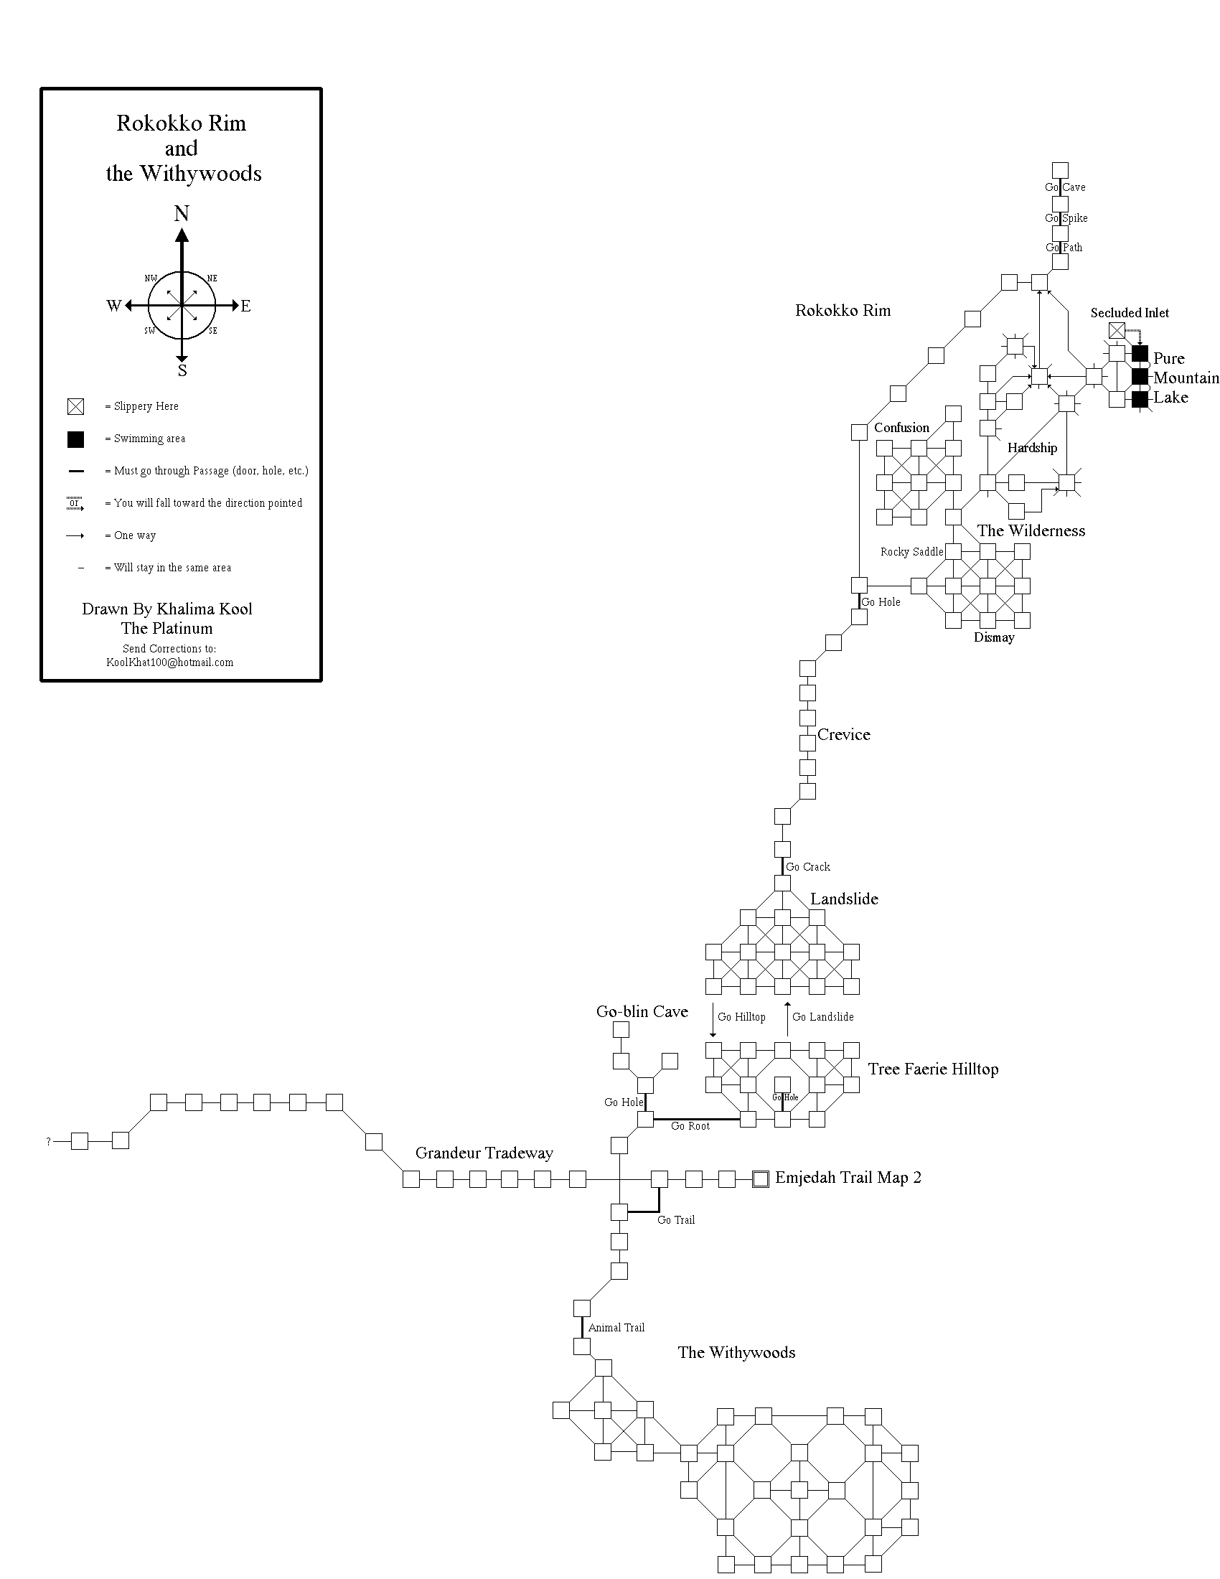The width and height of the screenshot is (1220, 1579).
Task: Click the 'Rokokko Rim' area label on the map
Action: point(843,311)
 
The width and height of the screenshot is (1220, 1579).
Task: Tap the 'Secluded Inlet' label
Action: point(1129,313)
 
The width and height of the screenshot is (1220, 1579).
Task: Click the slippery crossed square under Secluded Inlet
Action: point(1117,331)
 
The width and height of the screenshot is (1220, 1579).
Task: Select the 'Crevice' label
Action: point(843,734)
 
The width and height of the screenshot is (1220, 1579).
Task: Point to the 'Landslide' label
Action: point(843,899)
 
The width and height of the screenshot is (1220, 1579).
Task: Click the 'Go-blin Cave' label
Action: point(642,1011)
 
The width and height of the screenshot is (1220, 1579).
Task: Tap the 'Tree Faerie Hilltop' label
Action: point(932,1069)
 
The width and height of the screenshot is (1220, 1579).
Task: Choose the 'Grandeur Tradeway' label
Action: point(484,1153)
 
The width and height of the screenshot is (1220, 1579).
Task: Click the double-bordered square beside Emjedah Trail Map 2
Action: point(760,1180)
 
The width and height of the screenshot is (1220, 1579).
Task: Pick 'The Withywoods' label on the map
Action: point(736,1353)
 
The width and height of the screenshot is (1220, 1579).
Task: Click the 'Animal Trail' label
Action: point(616,1327)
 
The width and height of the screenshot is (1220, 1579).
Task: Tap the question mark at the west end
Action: point(48,1142)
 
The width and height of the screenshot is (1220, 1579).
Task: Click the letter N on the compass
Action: point(182,214)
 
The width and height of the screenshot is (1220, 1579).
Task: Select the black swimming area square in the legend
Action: point(75,439)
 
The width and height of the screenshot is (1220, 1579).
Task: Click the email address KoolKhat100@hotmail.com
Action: point(170,662)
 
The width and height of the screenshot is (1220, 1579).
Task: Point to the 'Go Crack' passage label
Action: point(807,867)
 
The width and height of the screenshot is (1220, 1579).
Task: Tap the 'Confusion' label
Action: point(901,428)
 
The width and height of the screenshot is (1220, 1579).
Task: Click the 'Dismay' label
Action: point(994,637)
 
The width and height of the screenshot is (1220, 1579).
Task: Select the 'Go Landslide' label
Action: point(822,1017)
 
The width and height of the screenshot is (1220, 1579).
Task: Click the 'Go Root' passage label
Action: point(690,1126)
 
